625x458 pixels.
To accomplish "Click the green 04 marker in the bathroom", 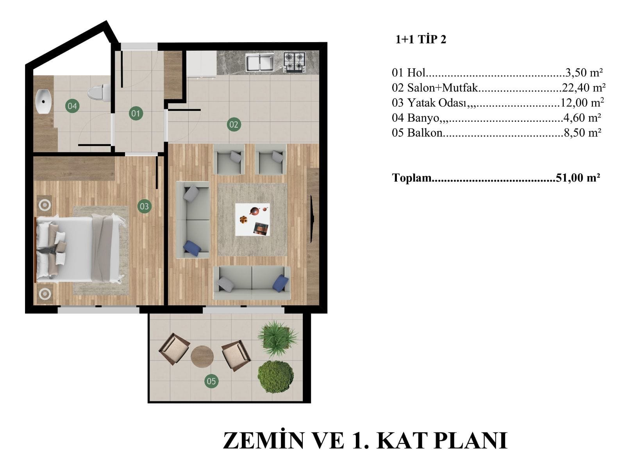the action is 72,106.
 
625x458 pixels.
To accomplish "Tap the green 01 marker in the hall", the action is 136,113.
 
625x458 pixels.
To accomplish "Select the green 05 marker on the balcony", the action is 211,381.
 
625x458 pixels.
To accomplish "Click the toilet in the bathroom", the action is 99,92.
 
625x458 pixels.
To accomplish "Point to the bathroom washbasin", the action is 44,102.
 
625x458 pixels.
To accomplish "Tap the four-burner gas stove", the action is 295,62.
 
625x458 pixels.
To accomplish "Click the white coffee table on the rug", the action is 252,219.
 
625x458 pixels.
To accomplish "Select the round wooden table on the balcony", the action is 202,356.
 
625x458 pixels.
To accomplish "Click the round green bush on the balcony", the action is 276,376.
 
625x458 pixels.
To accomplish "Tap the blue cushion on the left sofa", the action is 192,248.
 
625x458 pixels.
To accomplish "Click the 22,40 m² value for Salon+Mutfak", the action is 584,87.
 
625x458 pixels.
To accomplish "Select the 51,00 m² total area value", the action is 578,177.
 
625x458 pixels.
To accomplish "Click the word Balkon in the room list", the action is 425,133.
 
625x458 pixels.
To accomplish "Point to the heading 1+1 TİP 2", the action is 421,39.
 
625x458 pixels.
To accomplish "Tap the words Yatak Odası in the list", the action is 437,103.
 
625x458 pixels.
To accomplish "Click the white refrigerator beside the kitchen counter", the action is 201,63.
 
